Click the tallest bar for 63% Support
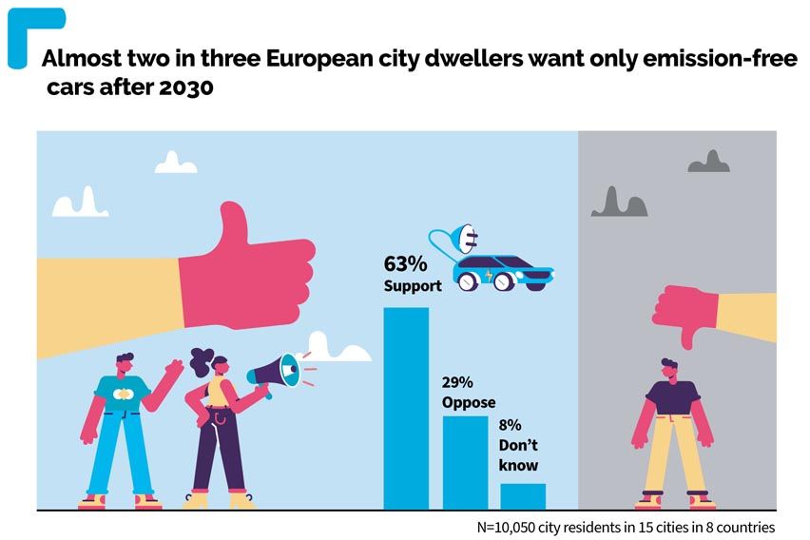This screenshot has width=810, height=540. tap(405, 409)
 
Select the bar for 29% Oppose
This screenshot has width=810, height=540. tap(465, 463)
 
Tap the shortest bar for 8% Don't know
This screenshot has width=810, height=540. tap(523, 496)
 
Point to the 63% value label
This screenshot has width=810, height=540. tap(404, 263)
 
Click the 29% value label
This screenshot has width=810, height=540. tap(458, 383)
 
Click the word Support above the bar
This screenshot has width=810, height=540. tap(413, 285)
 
